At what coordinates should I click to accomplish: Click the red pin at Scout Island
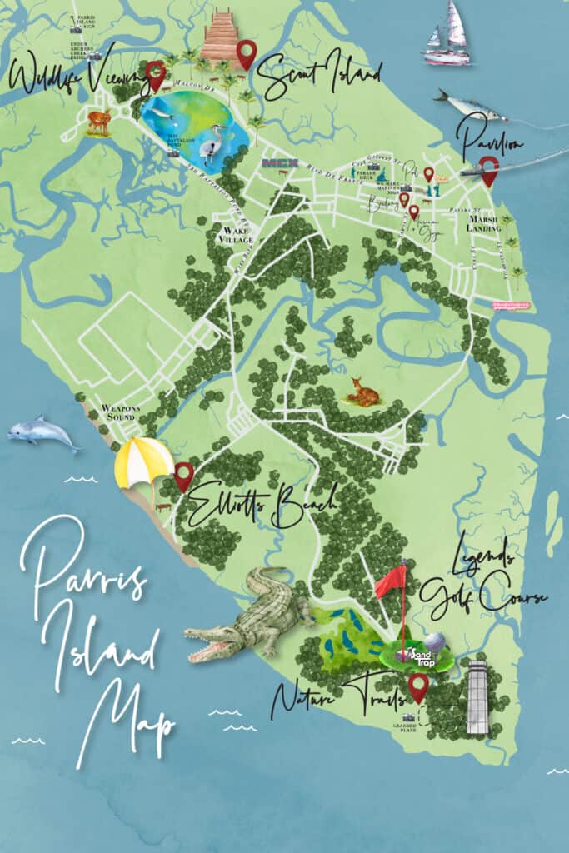pyautogui.click(x=245, y=52)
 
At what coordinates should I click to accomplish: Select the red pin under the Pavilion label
pyautogui.click(x=489, y=170)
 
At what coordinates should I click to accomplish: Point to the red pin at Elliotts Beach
pyautogui.click(x=184, y=475)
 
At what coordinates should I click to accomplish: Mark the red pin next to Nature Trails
pyautogui.click(x=418, y=686)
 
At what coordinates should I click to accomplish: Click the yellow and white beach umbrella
pyautogui.click(x=143, y=462)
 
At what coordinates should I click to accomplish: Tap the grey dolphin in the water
pyautogui.click(x=42, y=434)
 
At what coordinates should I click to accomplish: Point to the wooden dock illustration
pyautogui.click(x=221, y=37)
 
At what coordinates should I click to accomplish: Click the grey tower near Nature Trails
pyautogui.click(x=477, y=697)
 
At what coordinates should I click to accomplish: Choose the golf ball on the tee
pyautogui.click(x=434, y=642)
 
